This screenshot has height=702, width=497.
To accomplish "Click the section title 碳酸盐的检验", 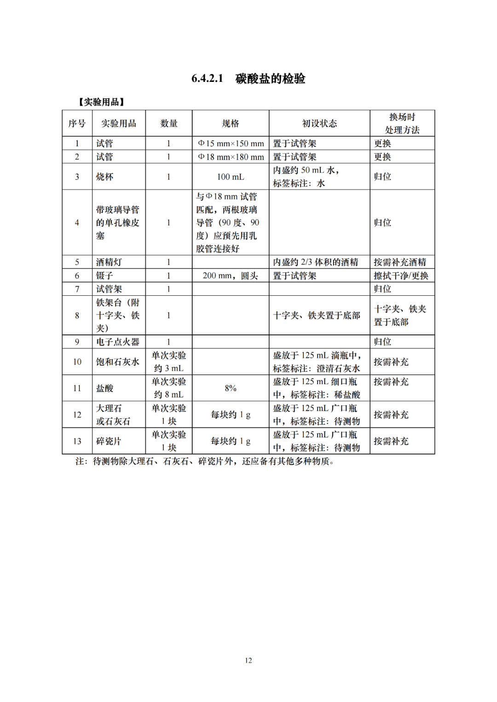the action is click(x=270, y=79).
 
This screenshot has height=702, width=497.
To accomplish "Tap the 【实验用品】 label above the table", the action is click(x=101, y=102).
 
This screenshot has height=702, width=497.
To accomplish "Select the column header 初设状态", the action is click(x=319, y=123).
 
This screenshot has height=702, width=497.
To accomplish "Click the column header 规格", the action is click(x=230, y=123).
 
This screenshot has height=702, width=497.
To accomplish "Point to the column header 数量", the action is click(x=168, y=123).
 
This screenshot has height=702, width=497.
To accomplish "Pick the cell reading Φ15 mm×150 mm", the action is click(x=231, y=144).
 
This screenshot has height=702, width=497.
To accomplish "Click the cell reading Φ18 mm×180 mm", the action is click(x=231, y=157).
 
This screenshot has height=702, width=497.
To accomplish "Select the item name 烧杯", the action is click(x=104, y=177).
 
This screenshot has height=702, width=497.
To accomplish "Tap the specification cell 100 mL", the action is click(x=230, y=177).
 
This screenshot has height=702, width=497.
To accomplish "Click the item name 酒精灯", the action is click(x=109, y=262).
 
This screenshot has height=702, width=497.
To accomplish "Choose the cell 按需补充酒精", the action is click(x=400, y=262).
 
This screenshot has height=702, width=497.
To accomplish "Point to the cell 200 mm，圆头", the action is click(x=230, y=276).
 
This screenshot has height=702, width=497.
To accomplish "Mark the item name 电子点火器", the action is click(x=117, y=342).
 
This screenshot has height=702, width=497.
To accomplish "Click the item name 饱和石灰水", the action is click(x=117, y=362).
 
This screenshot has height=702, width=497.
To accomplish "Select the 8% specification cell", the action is click(x=230, y=388).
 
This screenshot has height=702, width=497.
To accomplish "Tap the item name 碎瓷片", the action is click(x=109, y=441).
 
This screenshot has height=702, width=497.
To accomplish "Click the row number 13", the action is click(x=77, y=441).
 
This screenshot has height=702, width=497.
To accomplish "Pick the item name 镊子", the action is click(x=104, y=276).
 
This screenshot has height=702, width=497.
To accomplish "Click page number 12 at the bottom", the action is click(x=248, y=661).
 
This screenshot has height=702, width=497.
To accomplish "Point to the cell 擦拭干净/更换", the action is click(x=401, y=276).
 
